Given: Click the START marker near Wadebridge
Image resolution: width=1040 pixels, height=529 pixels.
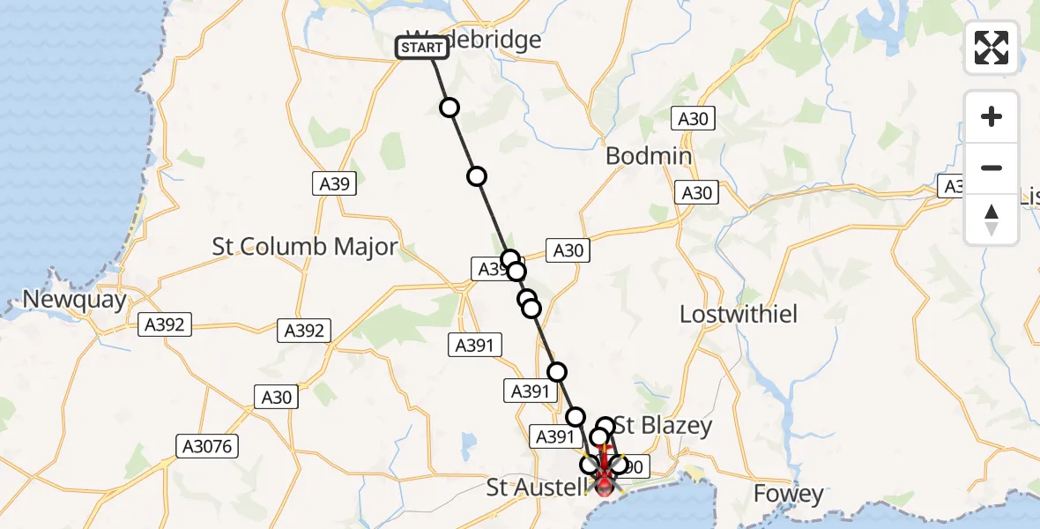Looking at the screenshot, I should pos(422,48).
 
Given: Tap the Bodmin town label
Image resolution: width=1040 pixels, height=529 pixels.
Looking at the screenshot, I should pos(648,157).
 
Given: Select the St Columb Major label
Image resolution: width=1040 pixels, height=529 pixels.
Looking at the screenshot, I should pos(305,247).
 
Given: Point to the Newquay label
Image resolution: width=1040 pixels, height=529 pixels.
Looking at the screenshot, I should pos(74,300).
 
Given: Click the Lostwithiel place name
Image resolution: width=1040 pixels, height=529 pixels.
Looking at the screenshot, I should pos(739,314).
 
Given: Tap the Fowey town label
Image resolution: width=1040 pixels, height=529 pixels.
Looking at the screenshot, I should pos(789,495).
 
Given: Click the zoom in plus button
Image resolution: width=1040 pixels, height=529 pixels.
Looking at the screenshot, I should pos(992,116).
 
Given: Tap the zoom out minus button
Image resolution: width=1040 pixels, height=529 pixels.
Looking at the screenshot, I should pos(992,168).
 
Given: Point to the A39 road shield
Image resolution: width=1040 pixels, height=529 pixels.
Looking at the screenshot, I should pos(333,184).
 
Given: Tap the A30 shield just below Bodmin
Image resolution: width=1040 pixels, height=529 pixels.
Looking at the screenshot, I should pos(696,193).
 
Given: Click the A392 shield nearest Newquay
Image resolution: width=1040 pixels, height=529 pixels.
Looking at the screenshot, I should pos(165,325).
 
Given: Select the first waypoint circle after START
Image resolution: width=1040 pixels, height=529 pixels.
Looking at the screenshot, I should pos(449,108).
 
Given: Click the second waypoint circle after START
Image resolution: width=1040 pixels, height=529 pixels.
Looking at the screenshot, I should pos(477,176).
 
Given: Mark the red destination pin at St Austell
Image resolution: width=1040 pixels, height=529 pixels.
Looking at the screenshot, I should pos(605,482).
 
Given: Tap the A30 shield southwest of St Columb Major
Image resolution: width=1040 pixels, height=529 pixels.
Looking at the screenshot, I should pos(277,398).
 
